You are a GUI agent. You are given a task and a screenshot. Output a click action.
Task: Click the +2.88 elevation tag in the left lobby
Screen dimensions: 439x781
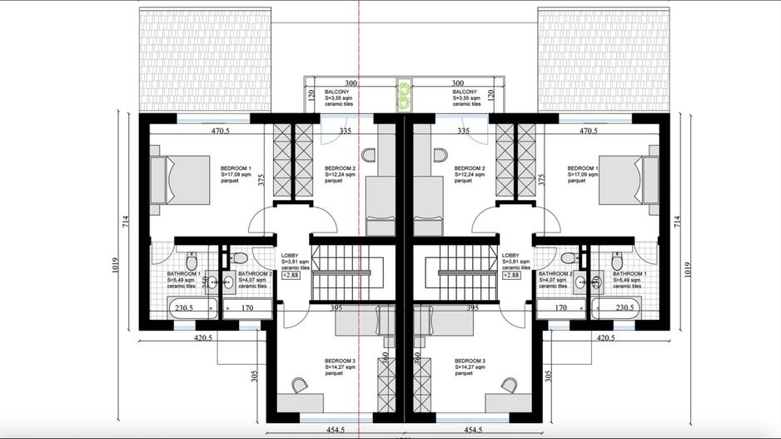[x=291, y=275]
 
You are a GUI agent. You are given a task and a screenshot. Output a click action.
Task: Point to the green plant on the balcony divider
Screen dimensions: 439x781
[x=405, y=95]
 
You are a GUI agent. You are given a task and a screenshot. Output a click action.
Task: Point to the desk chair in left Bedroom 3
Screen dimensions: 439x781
[x=299, y=384]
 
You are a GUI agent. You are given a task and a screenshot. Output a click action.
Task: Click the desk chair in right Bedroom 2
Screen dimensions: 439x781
[x=441, y=154]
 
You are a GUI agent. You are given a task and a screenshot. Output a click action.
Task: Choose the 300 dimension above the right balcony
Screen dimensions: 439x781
[x=456, y=83]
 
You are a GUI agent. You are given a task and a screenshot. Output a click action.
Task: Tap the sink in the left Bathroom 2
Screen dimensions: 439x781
[x=226, y=282]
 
